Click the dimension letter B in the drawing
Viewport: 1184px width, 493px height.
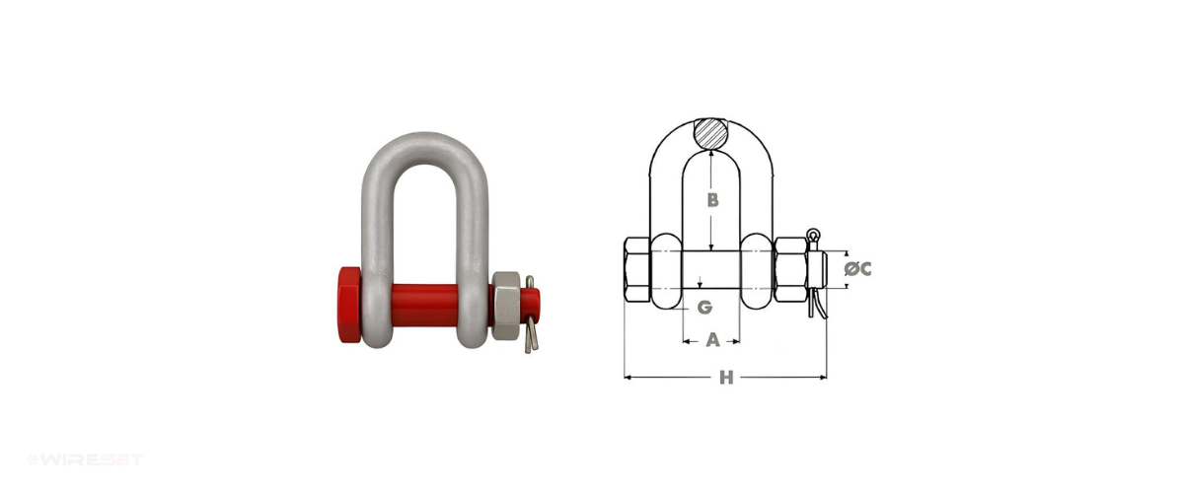click(713, 200)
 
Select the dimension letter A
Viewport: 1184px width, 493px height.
click(713, 340)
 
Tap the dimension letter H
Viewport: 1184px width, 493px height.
click(727, 378)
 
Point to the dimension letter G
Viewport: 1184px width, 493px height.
click(704, 307)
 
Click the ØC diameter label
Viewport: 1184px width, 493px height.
click(857, 269)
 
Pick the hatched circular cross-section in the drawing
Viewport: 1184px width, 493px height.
click(711, 134)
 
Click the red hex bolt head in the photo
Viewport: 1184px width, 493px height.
click(349, 305)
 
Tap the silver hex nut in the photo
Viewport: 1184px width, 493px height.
click(506, 306)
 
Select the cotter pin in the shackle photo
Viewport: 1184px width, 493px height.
click(531, 315)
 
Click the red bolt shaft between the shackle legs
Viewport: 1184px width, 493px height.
click(424, 306)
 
